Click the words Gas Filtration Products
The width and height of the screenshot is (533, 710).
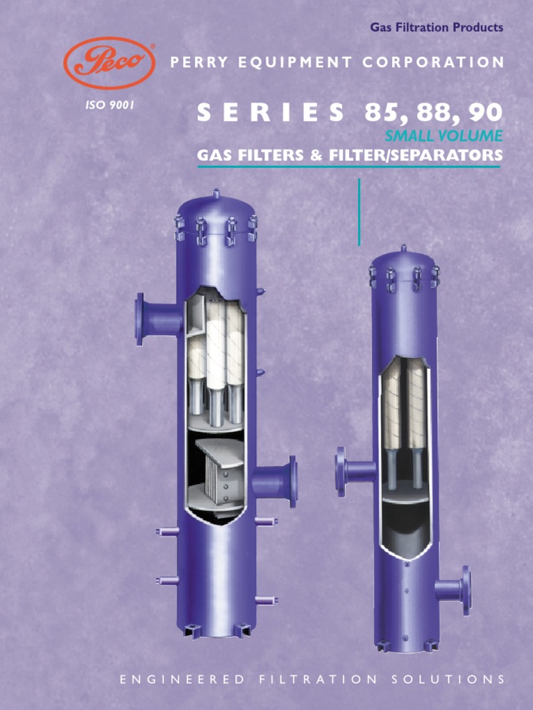[x=437, y=28]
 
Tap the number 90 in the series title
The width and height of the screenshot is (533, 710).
[x=484, y=113]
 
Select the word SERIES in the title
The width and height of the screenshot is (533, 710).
[x=270, y=113]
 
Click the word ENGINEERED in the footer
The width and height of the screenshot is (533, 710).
[x=182, y=679]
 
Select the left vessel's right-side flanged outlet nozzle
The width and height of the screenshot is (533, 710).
[x=278, y=480]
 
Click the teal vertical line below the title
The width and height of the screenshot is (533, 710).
[x=359, y=211]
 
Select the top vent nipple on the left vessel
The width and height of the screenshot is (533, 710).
[x=217, y=194]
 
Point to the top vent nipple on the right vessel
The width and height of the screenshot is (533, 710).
[x=403, y=248]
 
